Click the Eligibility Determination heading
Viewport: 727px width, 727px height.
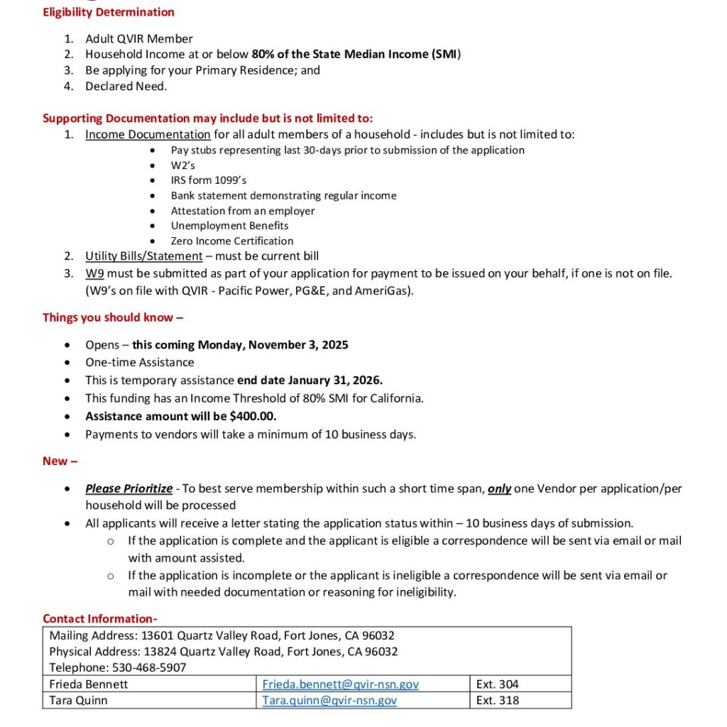pos(109,12)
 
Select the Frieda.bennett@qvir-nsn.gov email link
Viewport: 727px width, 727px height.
pos(340,684)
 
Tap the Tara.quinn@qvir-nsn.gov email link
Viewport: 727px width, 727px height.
pos(329,700)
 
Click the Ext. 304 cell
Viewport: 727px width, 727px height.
pos(497,684)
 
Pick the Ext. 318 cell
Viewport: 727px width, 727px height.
pos(497,700)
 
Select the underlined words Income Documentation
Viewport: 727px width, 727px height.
pos(148,134)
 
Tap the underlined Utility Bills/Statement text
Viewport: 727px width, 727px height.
pos(143,256)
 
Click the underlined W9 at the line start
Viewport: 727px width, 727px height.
pos(94,273)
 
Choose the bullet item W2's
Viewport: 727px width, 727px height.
pos(182,165)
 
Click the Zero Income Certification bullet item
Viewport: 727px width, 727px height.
pos(231,241)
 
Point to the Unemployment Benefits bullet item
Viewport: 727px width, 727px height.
pos(229,226)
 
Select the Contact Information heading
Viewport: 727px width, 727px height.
pos(99,618)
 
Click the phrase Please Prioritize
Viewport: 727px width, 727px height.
pos(129,488)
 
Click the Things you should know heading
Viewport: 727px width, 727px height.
pos(113,317)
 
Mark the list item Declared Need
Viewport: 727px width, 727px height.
pos(126,86)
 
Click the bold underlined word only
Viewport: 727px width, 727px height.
pos(499,488)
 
